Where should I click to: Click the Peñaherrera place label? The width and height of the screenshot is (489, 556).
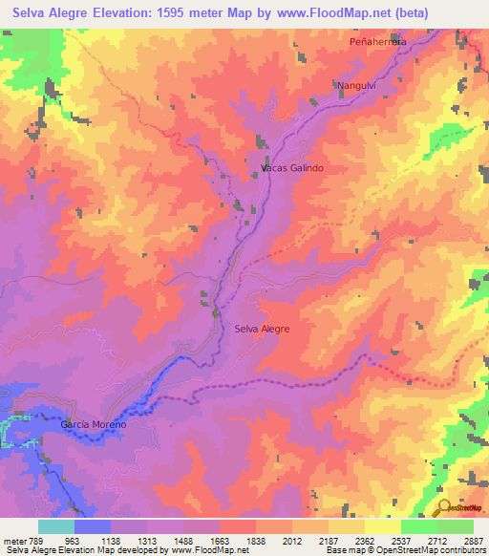click(378, 43)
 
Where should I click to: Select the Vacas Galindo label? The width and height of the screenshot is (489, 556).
click(292, 167)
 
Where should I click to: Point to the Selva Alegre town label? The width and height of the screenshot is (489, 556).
click(262, 329)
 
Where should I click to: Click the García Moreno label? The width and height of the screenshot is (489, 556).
click(94, 423)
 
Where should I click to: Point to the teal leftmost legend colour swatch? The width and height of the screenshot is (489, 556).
click(56, 525)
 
